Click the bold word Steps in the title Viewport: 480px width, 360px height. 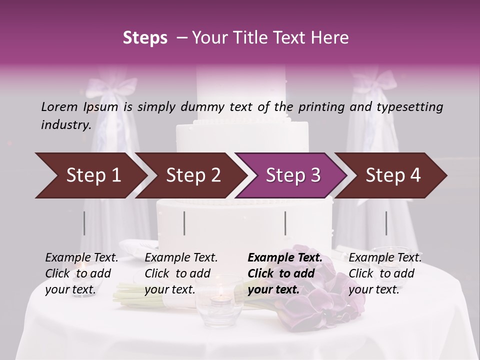click(x=145, y=38)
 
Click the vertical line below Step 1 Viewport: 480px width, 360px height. click(x=84, y=223)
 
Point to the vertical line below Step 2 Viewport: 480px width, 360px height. click(x=184, y=223)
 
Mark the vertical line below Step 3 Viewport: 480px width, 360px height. click(x=285, y=223)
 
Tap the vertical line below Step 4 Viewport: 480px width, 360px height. click(x=386, y=223)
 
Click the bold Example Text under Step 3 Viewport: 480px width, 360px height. click(x=285, y=258)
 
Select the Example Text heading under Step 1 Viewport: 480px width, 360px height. click(x=81, y=258)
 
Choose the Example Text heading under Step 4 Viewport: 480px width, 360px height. click(x=385, y=258)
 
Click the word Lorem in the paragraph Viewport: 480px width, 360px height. click(x=59, y=106)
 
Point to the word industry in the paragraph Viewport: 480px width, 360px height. click(x=66, y=125)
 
